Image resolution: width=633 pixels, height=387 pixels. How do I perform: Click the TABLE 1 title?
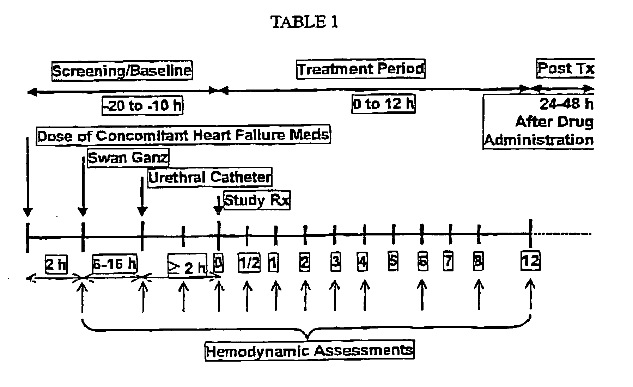click(x=304, y=22)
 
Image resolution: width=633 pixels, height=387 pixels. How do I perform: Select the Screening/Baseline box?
click(x=122, y=71)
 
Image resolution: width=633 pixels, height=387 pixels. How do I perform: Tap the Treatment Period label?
click(x=360, y=69)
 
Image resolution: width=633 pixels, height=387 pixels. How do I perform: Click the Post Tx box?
click(x=566, y=68)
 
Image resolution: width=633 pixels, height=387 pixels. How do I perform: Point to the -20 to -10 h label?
click(x=142, y=105)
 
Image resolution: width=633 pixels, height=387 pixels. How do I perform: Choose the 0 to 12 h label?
click(x=384, y=104)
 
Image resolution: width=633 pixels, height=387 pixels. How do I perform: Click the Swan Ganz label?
click(x=128, y=158)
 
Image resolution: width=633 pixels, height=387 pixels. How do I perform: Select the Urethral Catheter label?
click(x=210, y=177)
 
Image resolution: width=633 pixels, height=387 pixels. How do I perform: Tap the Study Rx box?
click(x=257, y=200)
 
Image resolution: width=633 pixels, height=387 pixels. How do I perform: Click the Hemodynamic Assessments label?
click(x=309, y=351)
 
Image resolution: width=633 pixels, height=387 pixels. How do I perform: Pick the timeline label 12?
click(x=530, y=262)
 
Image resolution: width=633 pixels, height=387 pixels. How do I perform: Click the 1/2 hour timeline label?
click(x=249, y=263)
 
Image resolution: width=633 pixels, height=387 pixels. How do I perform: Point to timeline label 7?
click(x=448, y=262)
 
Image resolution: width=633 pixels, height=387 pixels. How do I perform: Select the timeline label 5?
click(x=393, y=261)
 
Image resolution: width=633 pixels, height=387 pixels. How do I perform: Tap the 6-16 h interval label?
click(x=115, y=263)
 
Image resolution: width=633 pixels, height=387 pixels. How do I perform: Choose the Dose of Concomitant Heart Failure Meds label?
click(x=183, y=135)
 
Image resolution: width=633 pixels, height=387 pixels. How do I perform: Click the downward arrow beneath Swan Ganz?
click(x=83, y=187)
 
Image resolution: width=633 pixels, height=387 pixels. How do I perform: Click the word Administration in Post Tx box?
click(x=538, y=140)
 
